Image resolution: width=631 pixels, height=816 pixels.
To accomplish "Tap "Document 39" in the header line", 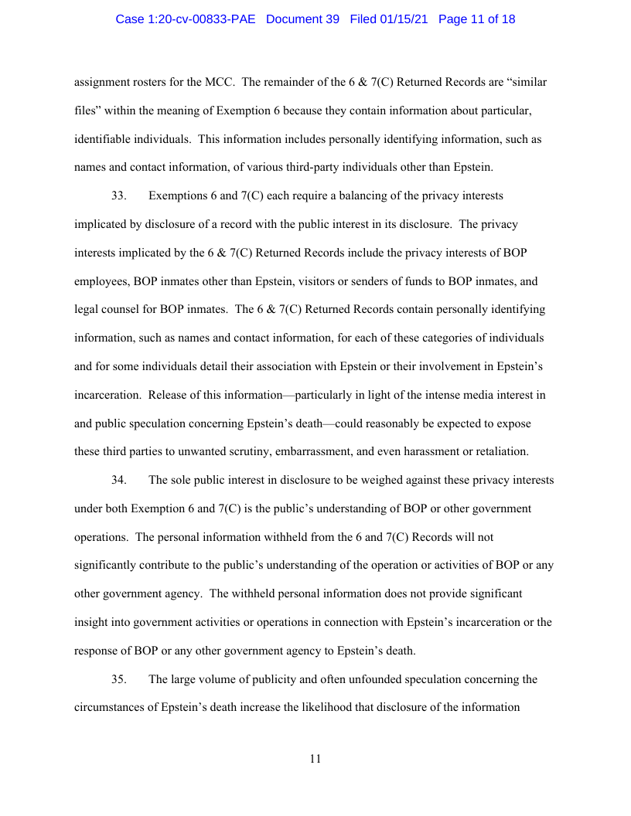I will point(302,19).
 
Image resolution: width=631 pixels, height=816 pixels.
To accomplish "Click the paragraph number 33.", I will point(118,196).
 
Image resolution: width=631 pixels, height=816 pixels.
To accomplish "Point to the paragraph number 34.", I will point(118,480).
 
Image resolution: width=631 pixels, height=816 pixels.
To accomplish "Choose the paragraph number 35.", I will point(118,679).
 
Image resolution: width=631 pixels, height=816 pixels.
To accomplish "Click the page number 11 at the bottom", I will point(315,759).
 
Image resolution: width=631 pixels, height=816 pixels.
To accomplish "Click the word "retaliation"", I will point(500,451).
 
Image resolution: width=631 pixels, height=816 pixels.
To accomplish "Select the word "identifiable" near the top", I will point(104,139).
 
